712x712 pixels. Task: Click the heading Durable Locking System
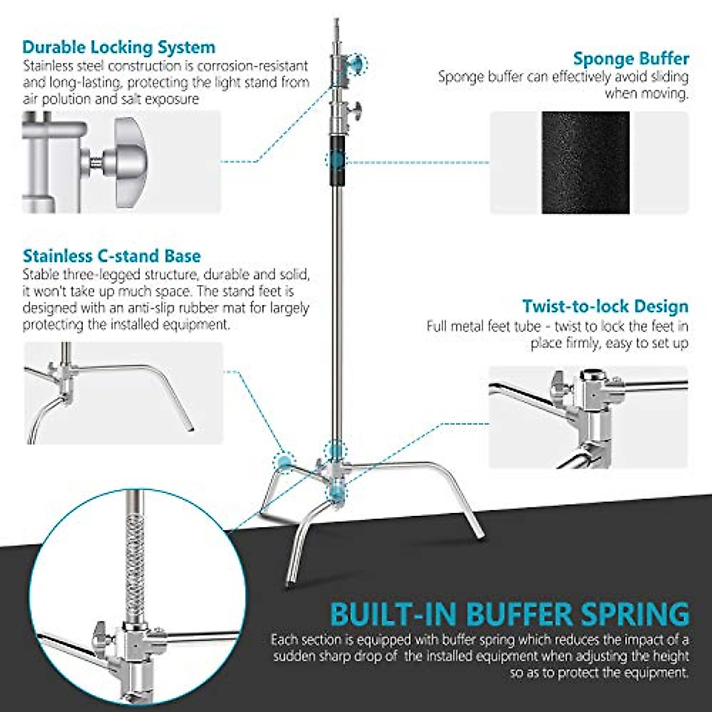(119, 47)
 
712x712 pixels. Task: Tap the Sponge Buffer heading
(631, 59)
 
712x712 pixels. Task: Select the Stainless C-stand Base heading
(112, 256)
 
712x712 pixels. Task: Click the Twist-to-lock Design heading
(605, 306)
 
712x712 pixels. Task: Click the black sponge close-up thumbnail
(586, 163)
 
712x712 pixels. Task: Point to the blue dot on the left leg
(284, 460)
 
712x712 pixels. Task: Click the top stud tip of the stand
(337, 23)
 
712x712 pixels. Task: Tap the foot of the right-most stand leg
(479, 536)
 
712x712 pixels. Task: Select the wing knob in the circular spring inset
(101, 637)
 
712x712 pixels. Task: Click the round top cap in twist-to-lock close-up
(590, 376)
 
